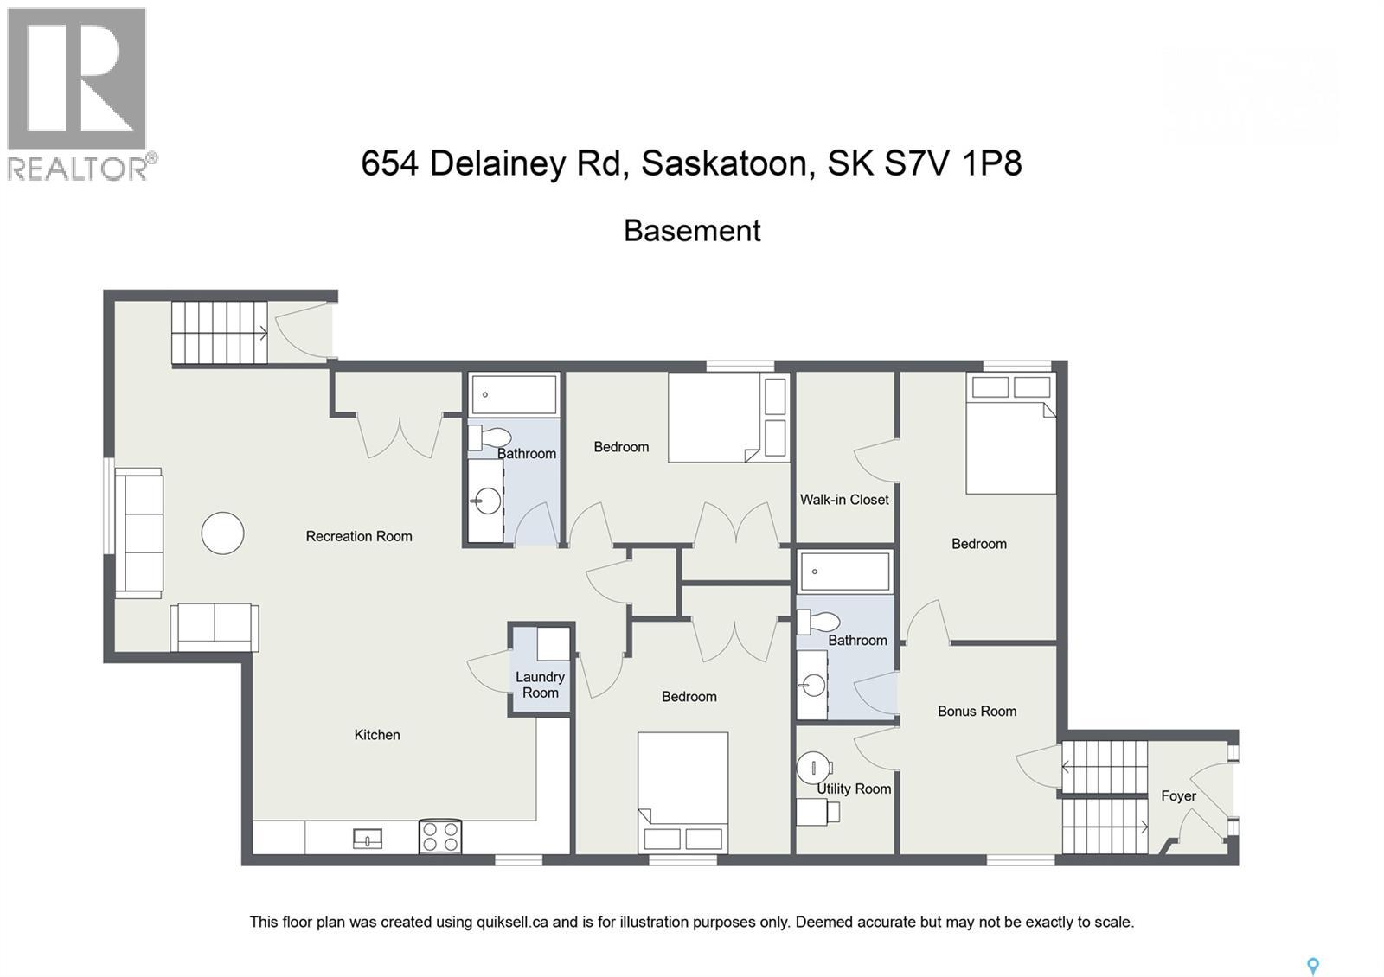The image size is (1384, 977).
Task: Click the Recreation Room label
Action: point(358,536)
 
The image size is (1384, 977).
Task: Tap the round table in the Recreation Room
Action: point(222,533)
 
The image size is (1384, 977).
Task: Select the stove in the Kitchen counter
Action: point(439,836)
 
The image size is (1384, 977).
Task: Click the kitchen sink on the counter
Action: point(368,838)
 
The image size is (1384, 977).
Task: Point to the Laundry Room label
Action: point(540,685)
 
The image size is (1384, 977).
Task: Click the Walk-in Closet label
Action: point(844,499)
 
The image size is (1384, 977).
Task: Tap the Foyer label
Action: point(1178,795)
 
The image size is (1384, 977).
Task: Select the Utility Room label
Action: point(854,789)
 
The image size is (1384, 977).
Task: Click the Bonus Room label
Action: point(977,711)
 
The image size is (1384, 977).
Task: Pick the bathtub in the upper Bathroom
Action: point(514,394)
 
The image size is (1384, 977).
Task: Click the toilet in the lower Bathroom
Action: point(818,622)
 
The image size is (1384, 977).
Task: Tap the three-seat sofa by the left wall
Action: point(138,533)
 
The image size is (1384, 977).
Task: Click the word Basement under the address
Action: point(692,231)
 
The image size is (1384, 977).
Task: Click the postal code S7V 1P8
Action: point(952,163)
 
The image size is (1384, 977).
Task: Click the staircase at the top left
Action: point(219,333)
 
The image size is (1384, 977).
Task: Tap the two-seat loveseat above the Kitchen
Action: point(215,626)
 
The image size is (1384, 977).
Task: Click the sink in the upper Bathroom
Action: point(487,501)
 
